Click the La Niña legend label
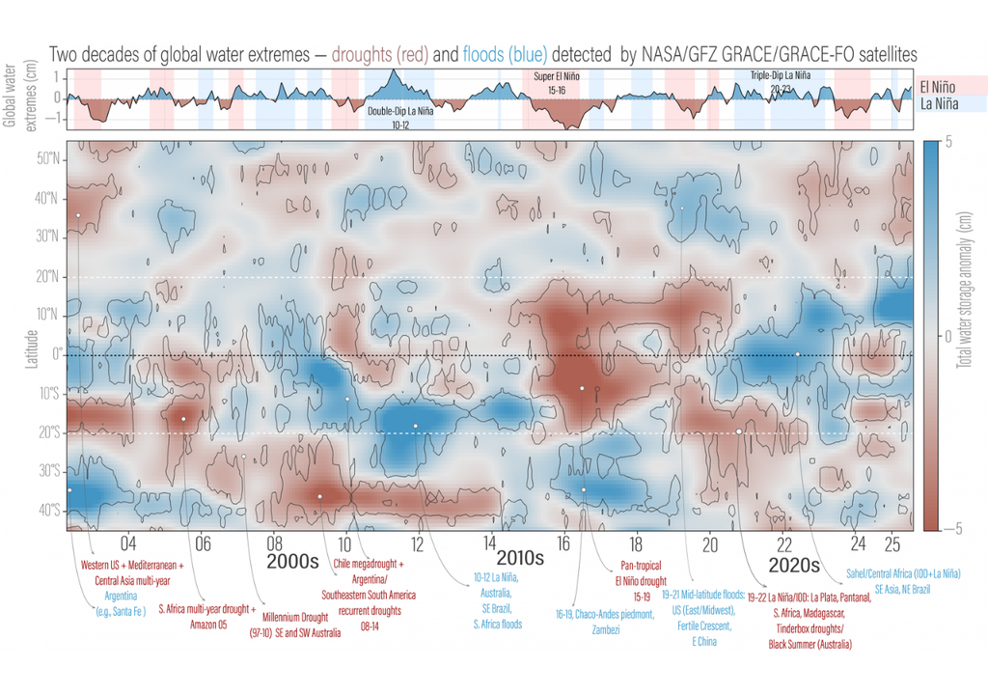(x=945, y=103)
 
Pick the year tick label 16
(x=563, y=543)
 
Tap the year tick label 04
(x=127, y=543)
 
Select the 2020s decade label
(x=794, y=565)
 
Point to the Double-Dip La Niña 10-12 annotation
(x=400, y=118)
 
